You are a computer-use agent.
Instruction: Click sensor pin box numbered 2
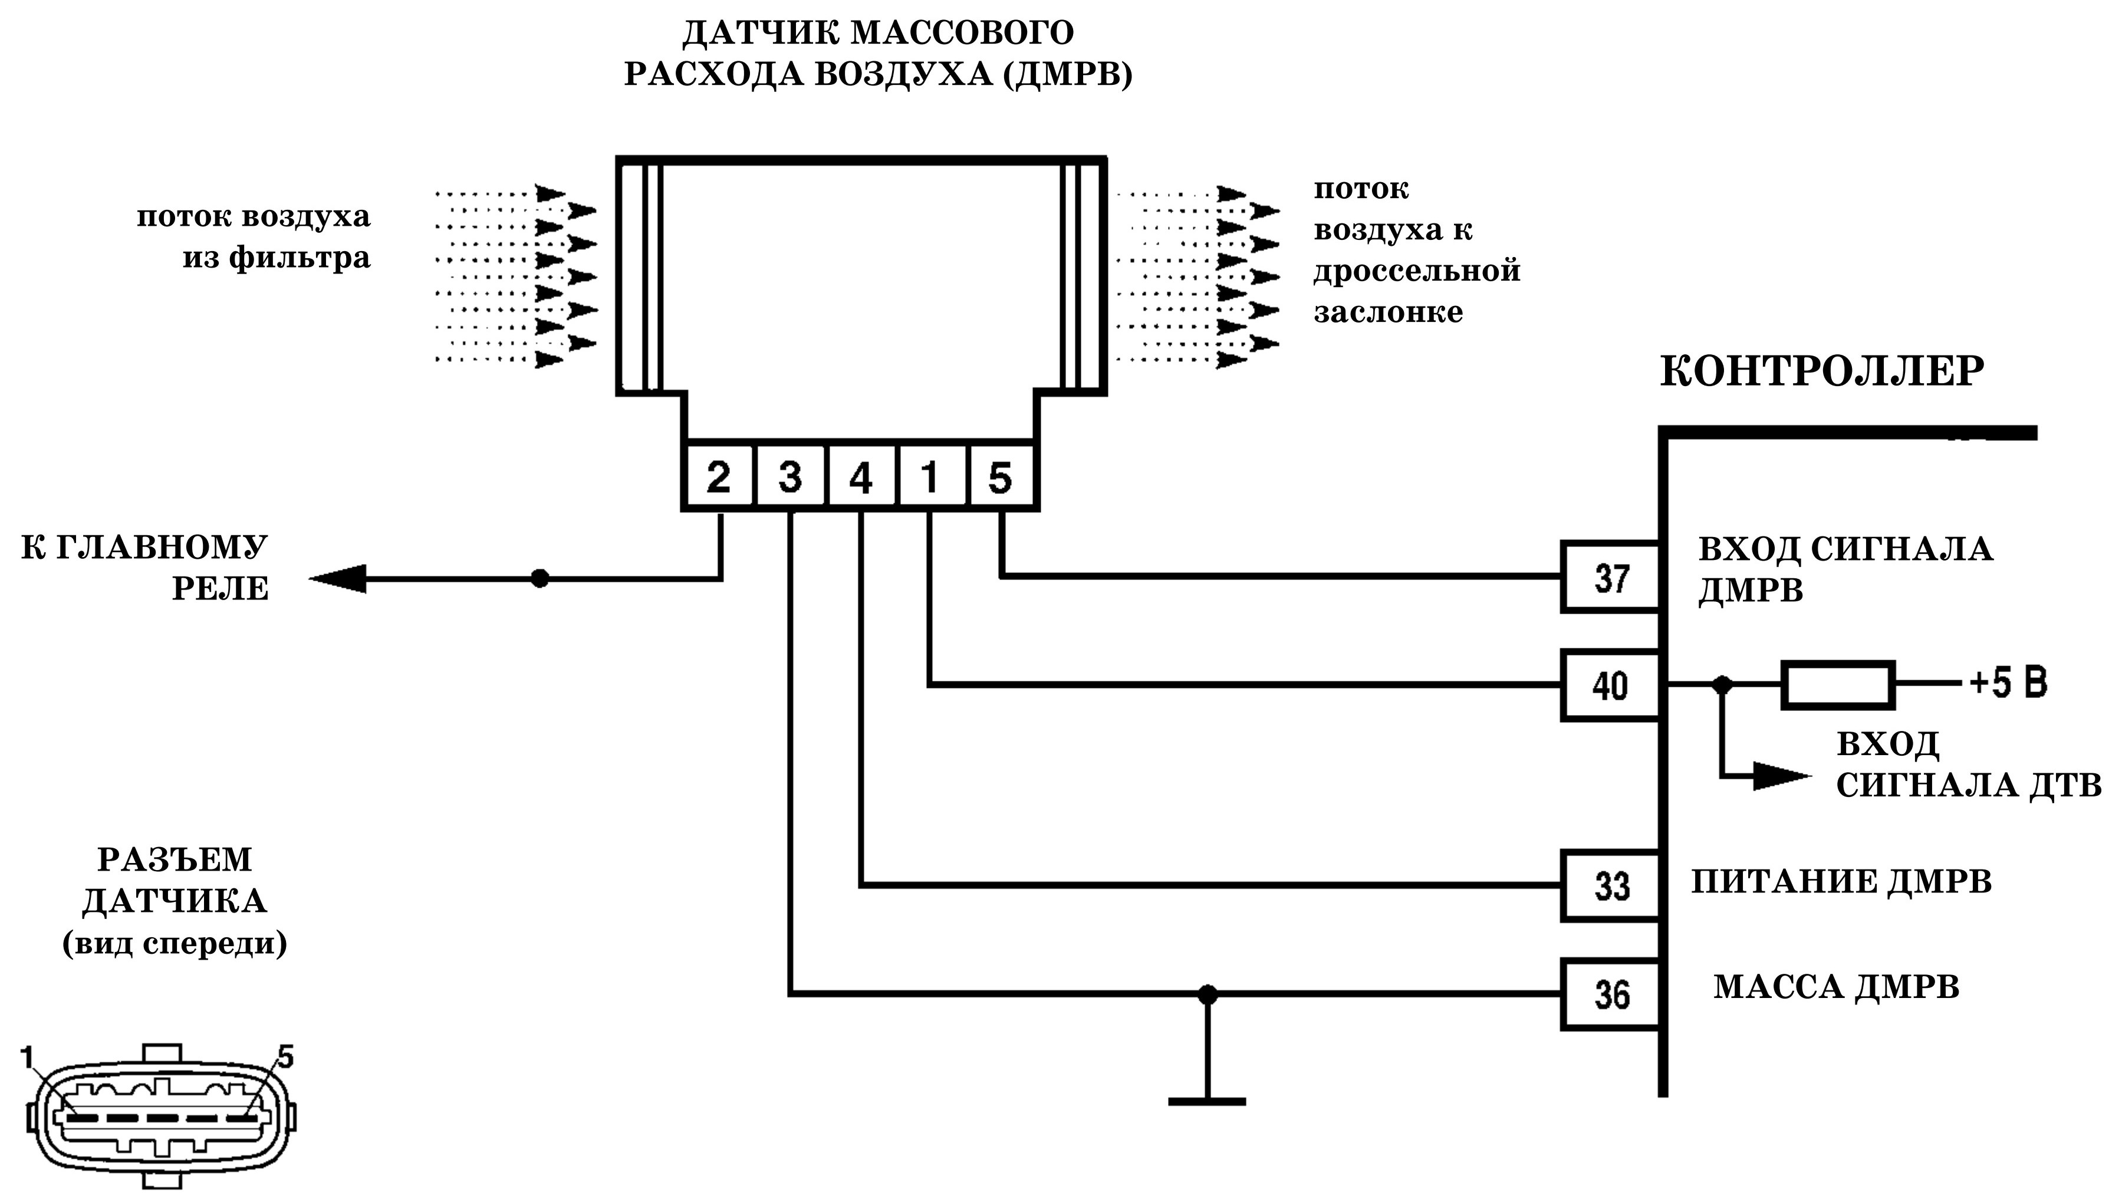(718, 477)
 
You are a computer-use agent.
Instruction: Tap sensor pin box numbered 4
(861, 477)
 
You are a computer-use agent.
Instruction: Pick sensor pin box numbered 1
(931, 477)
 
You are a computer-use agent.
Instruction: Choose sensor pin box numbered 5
(1001, 477)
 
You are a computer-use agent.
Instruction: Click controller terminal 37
(1611, 577)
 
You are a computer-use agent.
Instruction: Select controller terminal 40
(1611, 685)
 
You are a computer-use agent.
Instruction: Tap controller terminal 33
(1611, 886)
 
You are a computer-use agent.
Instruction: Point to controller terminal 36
(1611, 994)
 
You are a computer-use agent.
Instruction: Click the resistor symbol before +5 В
(1838, 684)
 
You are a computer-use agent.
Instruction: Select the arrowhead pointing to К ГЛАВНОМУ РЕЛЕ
(338, 578)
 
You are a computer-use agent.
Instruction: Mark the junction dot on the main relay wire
(539, 578)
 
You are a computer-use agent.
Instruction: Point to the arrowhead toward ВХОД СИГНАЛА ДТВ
(1782, 776)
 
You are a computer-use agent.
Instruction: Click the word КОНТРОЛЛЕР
(1822, 371)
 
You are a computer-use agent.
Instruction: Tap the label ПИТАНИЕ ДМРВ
(1842, 882)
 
